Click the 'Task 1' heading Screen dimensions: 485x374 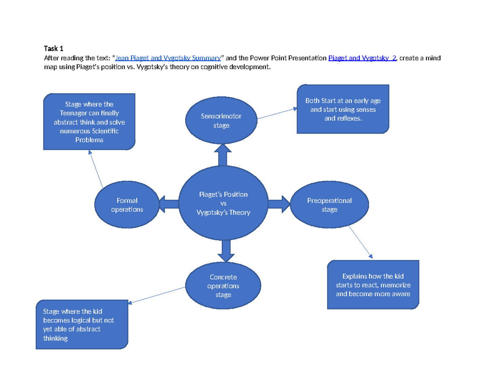point(53,48)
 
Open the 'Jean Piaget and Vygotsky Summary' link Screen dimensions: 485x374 point(168,58)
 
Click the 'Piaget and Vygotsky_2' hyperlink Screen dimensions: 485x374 point(362,58)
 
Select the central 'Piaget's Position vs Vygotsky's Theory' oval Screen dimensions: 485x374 point(223,203)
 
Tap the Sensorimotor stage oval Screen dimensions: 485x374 point(221,120)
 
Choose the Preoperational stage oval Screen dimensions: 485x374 point(329,205)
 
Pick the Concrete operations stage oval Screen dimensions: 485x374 point(223,286)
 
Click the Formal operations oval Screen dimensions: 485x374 point(127,205)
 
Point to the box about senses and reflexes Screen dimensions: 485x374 point(343,109)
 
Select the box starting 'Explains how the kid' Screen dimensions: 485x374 point(373,285)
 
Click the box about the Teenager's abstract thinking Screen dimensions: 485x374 point(89,121)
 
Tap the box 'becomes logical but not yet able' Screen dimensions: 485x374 point(82,324)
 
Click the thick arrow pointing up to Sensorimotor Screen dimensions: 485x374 point(223,155)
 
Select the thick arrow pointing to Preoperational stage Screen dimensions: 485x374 point(279,204)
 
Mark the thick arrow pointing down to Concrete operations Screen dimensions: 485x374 point(226,251)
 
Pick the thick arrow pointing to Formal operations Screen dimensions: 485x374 point(169,204)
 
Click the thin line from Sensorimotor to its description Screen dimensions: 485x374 point(277,114)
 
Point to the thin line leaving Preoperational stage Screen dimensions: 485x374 point(361,242)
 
